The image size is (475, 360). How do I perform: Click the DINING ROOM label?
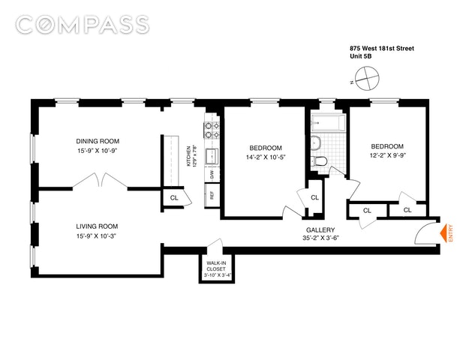(98, 141)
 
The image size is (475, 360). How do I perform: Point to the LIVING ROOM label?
(97, 226)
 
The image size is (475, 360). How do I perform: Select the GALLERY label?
(320, 229)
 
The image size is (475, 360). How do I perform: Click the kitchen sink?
(212, 156)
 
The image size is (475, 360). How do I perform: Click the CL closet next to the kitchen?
(174, 198)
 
